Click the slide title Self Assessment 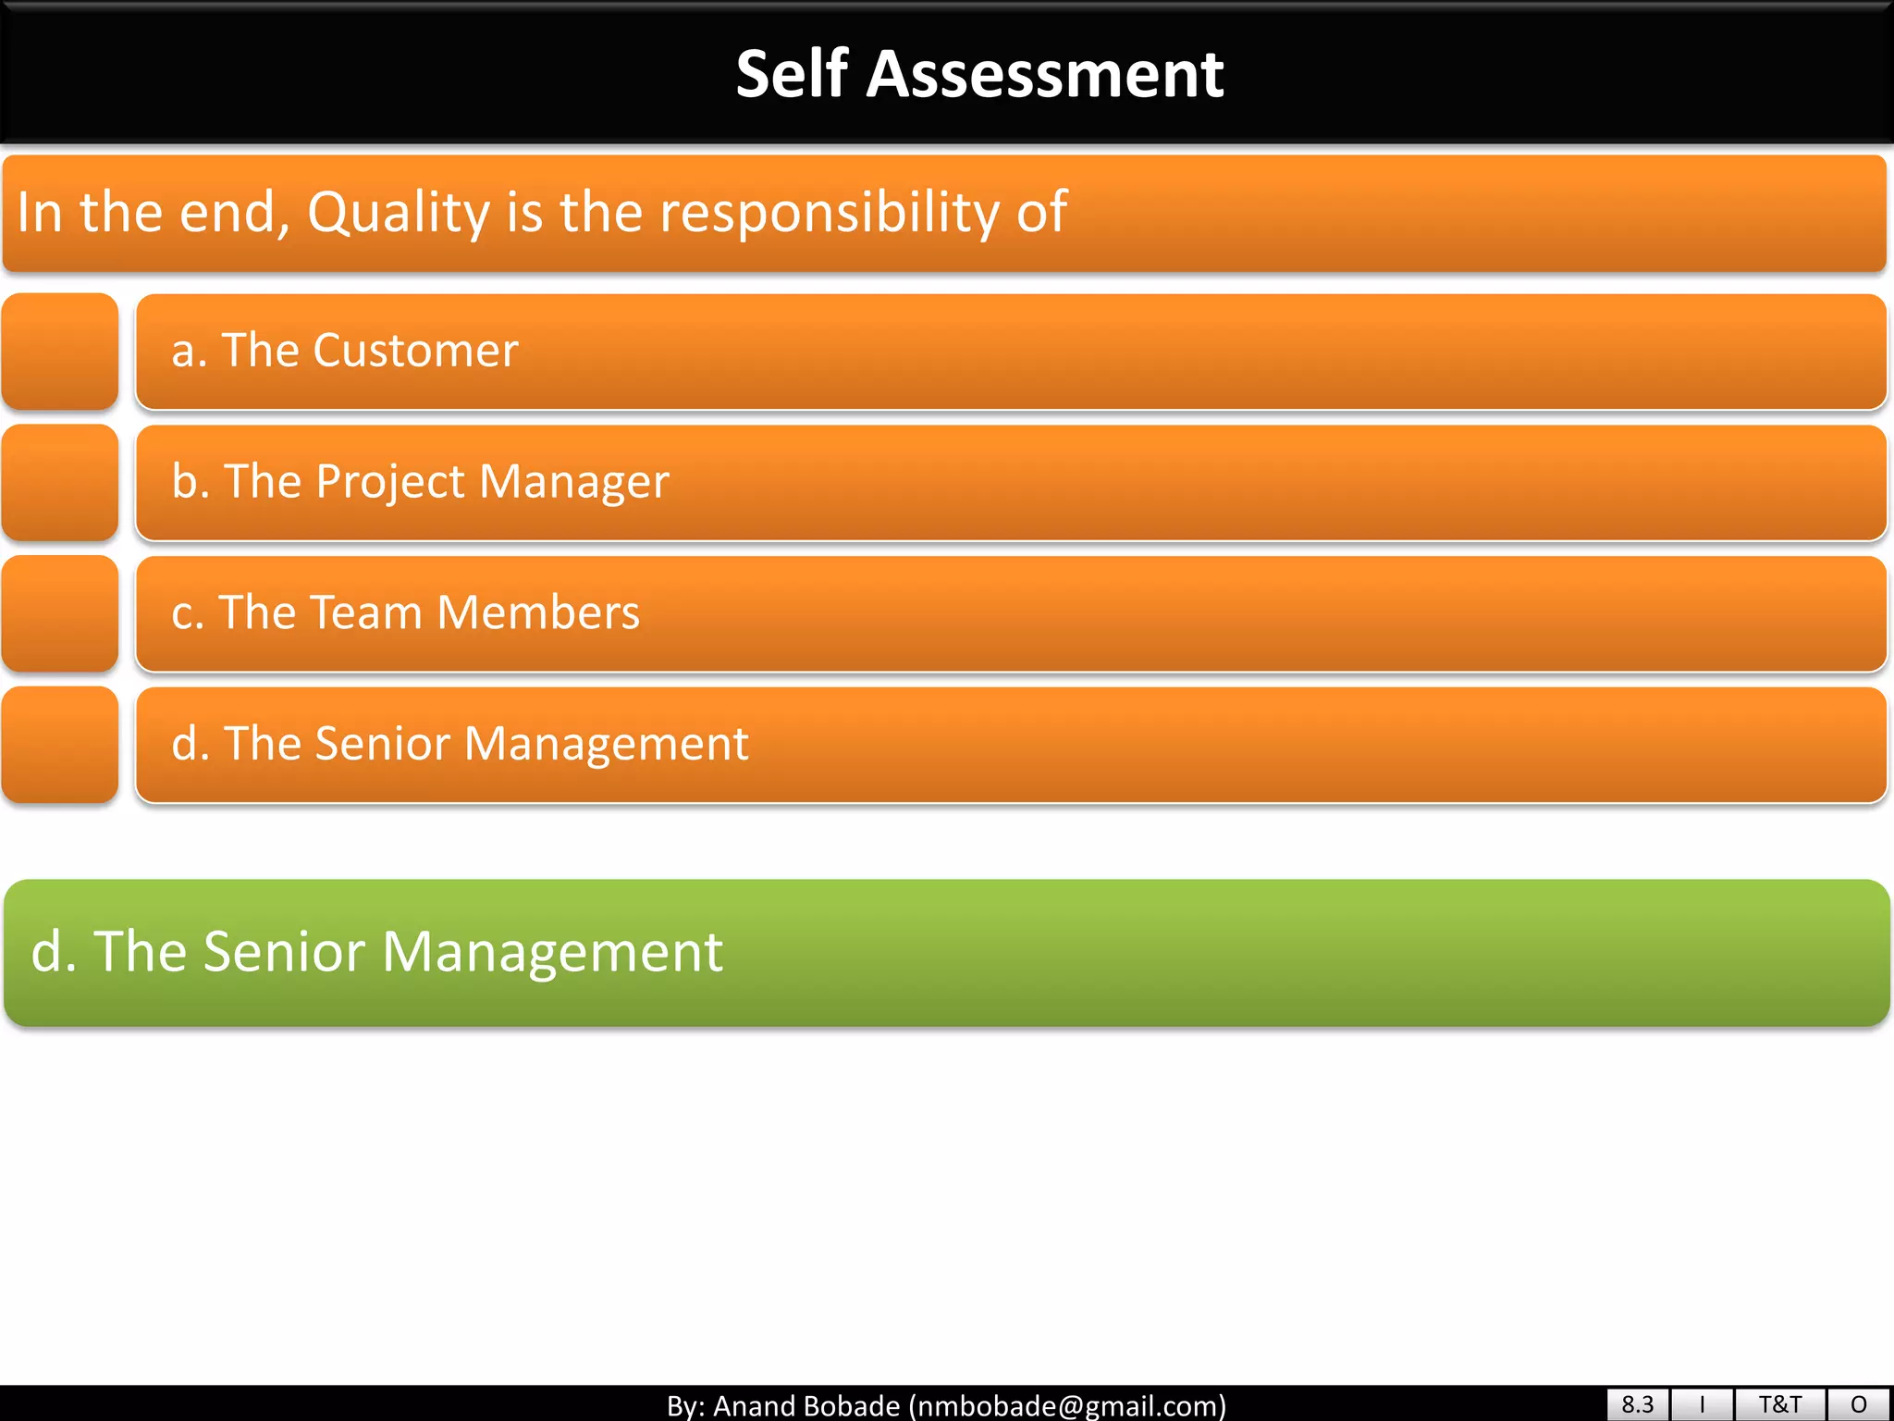click(979, 74)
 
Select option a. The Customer click(344, 351)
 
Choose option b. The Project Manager click(420, 482)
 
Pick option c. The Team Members click(405, 612)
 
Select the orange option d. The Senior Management click(460, 744)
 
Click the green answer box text click(376, 951)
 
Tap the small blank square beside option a click(60, 352)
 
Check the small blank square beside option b click(60, 482)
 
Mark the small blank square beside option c click(60, 613)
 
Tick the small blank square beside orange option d click(60, 745)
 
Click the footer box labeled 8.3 click(1637, 1404)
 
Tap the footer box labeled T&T click(1779, 1404)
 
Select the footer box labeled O click(1859, 1404)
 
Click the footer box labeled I click(1702, 1404)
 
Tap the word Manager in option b click(573, 482)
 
